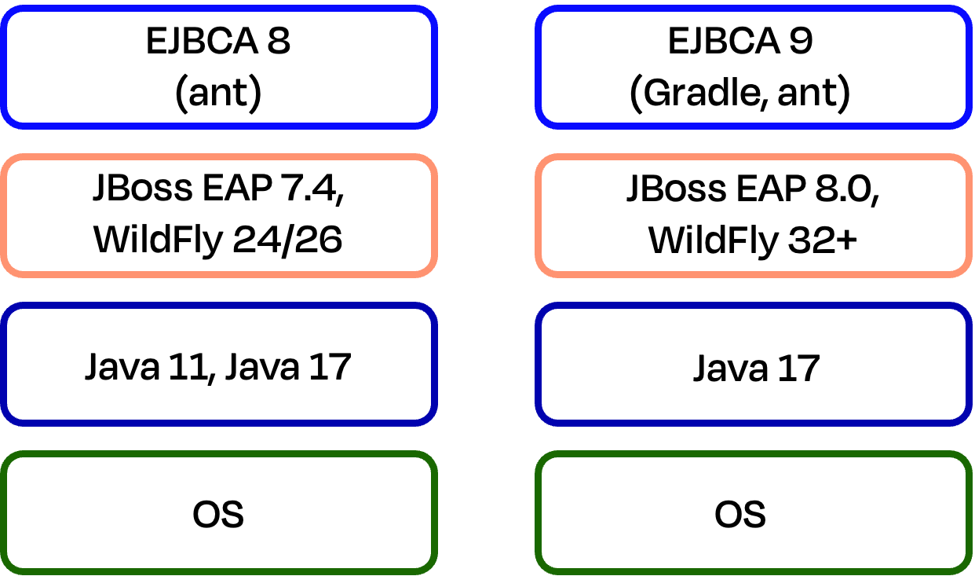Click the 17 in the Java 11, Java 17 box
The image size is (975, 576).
[x=330, y=366]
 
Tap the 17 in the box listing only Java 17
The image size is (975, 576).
[x=798, y=368]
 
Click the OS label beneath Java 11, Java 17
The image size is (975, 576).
[x=218, y=515]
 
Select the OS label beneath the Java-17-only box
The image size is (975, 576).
[x=740, y=515]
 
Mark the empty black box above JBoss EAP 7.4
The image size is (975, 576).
[x=218, y=67]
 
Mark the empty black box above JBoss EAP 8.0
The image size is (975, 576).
[x=754, y=67]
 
